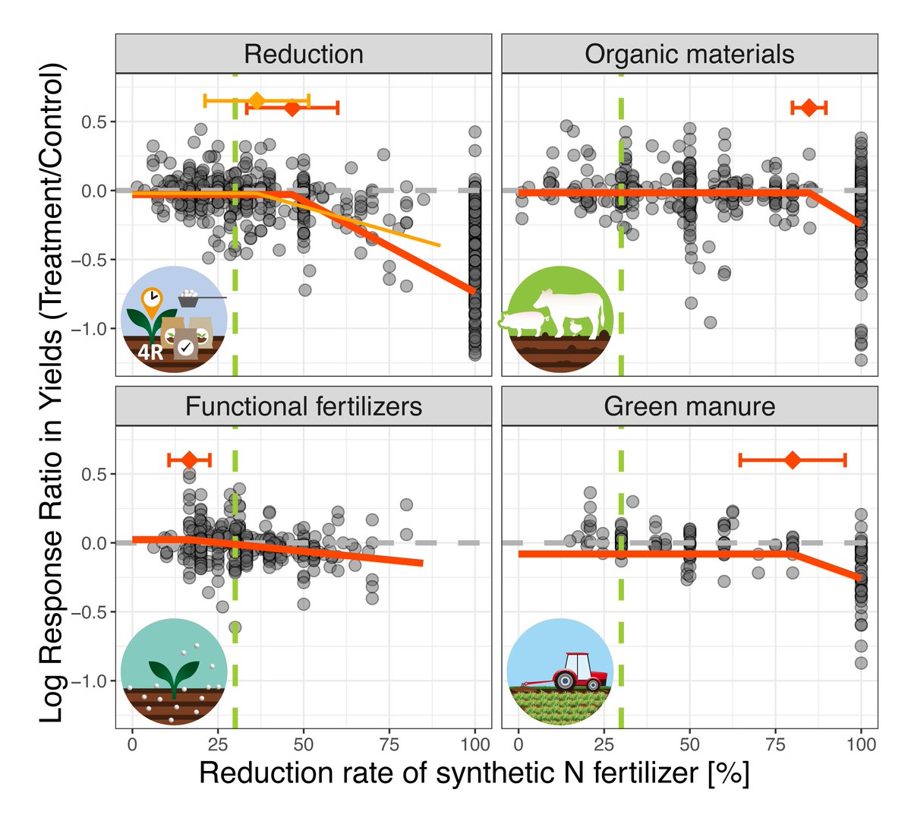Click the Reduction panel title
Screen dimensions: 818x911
(x=304, y=55)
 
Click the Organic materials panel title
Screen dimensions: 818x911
(x=689, y=55)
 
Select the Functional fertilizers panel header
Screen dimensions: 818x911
(x=304, y=406)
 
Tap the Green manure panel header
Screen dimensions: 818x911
(x=689, y=406)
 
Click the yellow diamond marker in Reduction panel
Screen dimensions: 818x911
(x=257, y=100)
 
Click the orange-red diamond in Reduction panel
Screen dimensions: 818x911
(x=292, y=109)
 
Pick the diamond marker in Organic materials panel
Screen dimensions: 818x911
(x=809, y=108)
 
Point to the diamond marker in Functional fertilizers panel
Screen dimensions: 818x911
(x=189, y=460)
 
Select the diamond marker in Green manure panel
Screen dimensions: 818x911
(x=793, y=460)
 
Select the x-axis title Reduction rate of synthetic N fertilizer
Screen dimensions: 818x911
(x=474, y=773)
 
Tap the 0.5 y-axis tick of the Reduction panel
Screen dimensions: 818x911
(x=95, y=122)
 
